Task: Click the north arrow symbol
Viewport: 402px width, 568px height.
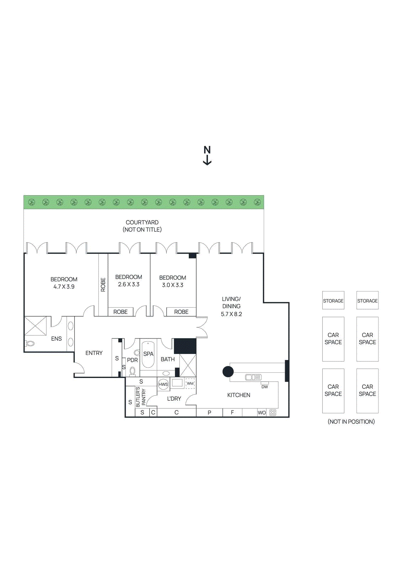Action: [207, 156]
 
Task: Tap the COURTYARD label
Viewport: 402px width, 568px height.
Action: [142, 223]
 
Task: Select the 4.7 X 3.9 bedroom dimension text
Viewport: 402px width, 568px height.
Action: [64, 287]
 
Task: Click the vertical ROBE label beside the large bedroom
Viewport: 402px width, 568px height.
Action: [103, 285]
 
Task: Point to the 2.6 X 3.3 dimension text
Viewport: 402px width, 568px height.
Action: [129, 284]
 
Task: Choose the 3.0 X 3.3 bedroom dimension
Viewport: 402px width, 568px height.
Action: [173, 285]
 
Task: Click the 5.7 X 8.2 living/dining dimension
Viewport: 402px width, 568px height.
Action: [231, 314]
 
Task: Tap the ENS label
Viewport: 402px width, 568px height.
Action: [57, 339]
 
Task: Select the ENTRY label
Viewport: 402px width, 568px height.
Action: [94, 353]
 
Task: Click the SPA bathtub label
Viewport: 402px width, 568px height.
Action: [148, 354]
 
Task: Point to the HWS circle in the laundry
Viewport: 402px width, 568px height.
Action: [163, 384]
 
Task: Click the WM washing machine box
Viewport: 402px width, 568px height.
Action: [190, 383]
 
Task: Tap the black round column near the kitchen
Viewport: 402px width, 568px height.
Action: [228, 372]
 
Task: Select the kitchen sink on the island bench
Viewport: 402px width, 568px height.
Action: [253, 377]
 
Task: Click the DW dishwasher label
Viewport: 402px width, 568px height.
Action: [265, 387]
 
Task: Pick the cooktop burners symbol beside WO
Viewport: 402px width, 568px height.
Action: [273, 413]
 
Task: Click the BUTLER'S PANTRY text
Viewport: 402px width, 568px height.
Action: [141, 397]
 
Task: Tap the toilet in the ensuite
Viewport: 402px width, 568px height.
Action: [30, 344]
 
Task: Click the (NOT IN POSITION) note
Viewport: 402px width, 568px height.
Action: [351, 422]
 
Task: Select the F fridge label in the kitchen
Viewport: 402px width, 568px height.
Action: [232, 413]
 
